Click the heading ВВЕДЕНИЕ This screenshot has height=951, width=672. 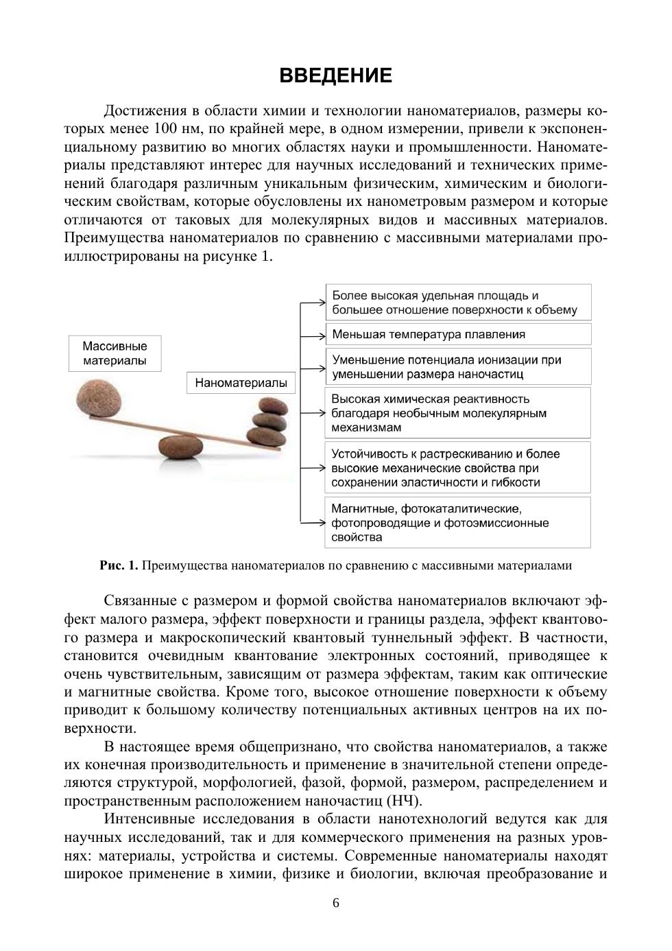[x=335, y=75]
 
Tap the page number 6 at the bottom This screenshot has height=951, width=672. [x=336, y=903]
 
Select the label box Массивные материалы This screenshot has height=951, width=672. [x=115, y=353]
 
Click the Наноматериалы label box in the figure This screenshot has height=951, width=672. [x=241, y=383]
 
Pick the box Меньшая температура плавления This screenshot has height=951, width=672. [x=457, y=335]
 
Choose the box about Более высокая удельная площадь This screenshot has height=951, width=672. [x=457, y=303]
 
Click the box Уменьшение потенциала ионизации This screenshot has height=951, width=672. [x=457, y=367]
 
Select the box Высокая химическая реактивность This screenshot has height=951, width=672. [x=457, y=413]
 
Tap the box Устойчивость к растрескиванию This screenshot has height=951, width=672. [x=457, y=468]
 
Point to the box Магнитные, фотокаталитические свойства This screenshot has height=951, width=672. [x=457, y=523]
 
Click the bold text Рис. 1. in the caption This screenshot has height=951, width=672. [x=119, y=566]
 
